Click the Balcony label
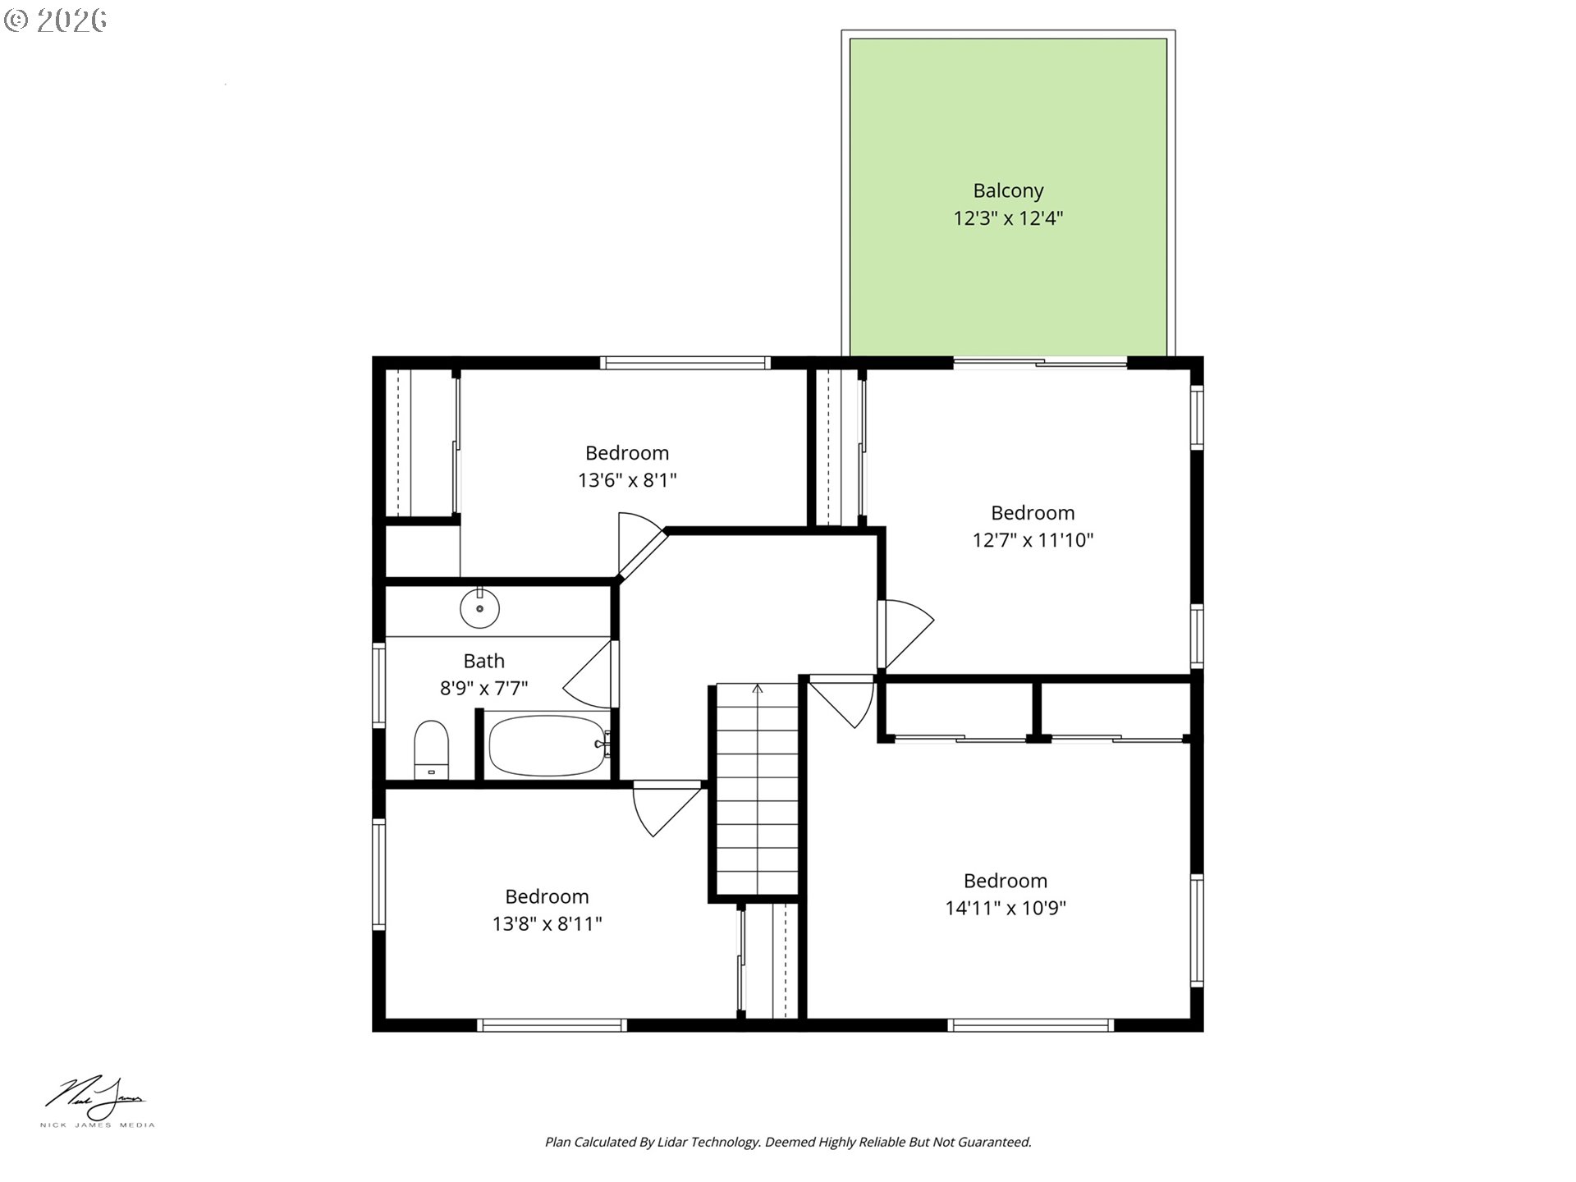[1008, 190]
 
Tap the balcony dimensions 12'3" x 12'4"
[1008, 218]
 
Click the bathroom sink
[479, 609]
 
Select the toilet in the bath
[431, 749]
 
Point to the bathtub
[547, 745]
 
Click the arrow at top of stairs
[758, 689]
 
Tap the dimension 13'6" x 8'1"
[627, 480]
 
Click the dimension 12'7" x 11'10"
[1033, 540]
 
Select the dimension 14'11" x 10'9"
[1005, 908]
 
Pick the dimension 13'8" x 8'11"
[547, 923]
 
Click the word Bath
[483, 661]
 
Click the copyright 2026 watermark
[56, 21]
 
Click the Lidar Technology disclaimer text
[788, 1142]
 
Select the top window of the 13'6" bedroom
[685, 363]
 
